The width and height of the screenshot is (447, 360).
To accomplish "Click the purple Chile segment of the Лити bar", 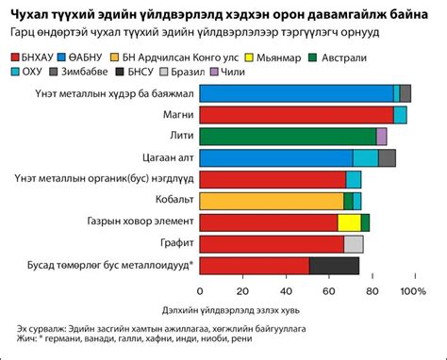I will coord(381,136).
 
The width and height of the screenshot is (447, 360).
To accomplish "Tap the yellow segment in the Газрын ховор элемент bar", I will coord(349,222).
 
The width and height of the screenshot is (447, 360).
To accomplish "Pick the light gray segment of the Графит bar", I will coord(354,244).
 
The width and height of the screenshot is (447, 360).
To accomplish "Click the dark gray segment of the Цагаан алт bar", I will coord(387,157).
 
